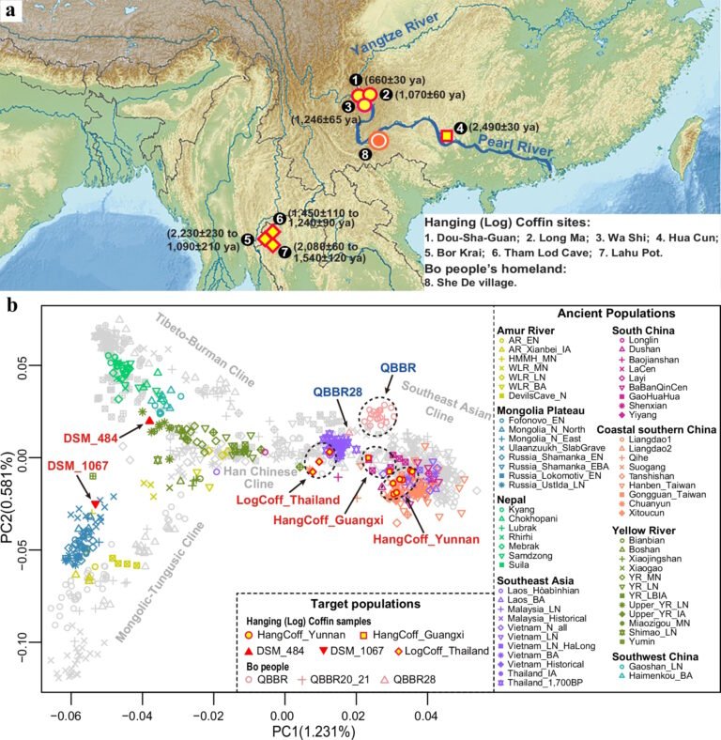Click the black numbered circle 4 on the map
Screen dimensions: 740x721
[x=460, y=128]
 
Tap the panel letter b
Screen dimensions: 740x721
[x=11, y=304]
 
